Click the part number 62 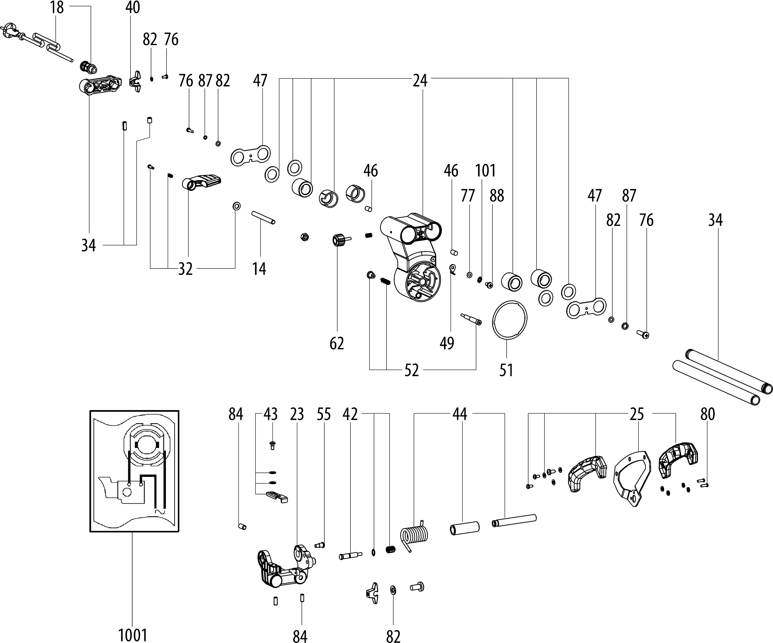click(337, 343)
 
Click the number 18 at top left click(57, 7)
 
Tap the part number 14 click(259, 269)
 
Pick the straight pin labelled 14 click(263, 217)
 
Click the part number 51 click(506, 370)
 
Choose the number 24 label click(420, 80)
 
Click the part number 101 click(485, 171)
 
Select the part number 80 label click(708, 414)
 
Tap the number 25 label click(637, 414)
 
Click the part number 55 click(324, 414)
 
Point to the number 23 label click(297, 414)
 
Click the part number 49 click(447, 343)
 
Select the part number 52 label click(412, 370)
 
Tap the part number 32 click(185, 269)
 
